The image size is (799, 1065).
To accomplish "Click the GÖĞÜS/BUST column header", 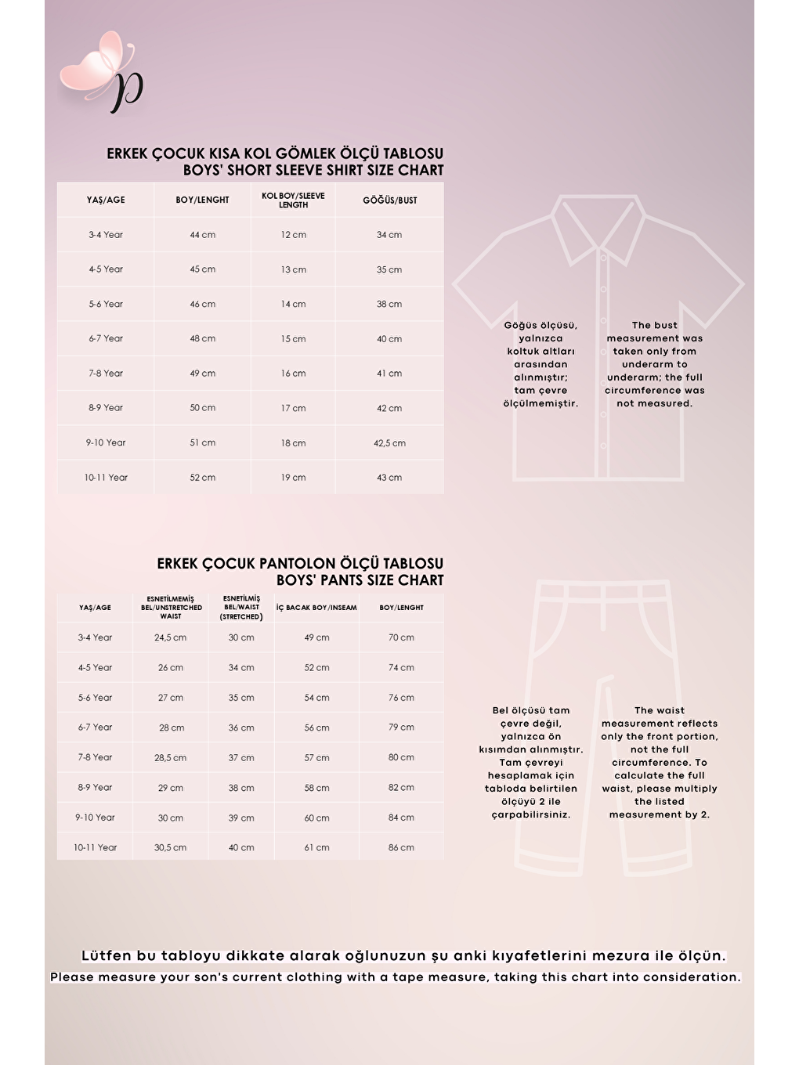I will click(389, 200).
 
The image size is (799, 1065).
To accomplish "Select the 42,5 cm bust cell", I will click(389, 443).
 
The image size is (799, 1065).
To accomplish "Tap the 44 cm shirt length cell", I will click(202, 235).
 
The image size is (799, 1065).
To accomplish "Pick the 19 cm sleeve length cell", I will click(293, 478).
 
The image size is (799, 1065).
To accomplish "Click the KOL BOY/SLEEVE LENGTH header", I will click(293, 200).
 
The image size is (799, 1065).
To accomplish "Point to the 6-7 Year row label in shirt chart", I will click(106, 339).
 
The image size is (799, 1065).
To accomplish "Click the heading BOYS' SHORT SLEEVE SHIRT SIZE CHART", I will click(313, 170).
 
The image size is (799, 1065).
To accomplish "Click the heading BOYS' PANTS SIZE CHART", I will click(360, 580).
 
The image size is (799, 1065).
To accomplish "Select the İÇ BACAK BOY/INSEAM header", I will click(316, 608).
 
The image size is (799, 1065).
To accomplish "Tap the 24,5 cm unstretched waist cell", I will click(170, 637).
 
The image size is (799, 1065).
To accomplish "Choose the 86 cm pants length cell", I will click(401, 848).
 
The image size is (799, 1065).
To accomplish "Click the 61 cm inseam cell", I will click(316, 848).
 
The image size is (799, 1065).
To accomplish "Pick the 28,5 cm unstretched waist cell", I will click(170, 758).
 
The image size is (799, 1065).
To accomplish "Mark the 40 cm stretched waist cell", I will click(241, 848).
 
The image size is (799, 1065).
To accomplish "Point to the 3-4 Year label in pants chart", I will click(95, 637).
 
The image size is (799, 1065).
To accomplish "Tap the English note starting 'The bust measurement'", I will click(654, 364).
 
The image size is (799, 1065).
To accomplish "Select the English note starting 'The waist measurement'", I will click(659, 762).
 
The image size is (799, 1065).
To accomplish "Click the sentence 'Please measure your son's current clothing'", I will click(396, 977).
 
